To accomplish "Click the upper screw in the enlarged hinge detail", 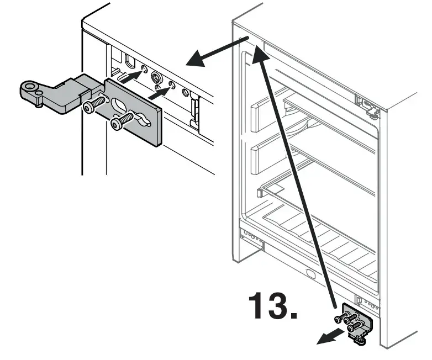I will pyautogui.click(x=94, y=104).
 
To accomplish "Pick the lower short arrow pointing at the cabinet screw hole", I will pyautogui.click(x=161, y=94).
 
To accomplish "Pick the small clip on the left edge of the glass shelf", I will pyautogui.click(x=259, y=193).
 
